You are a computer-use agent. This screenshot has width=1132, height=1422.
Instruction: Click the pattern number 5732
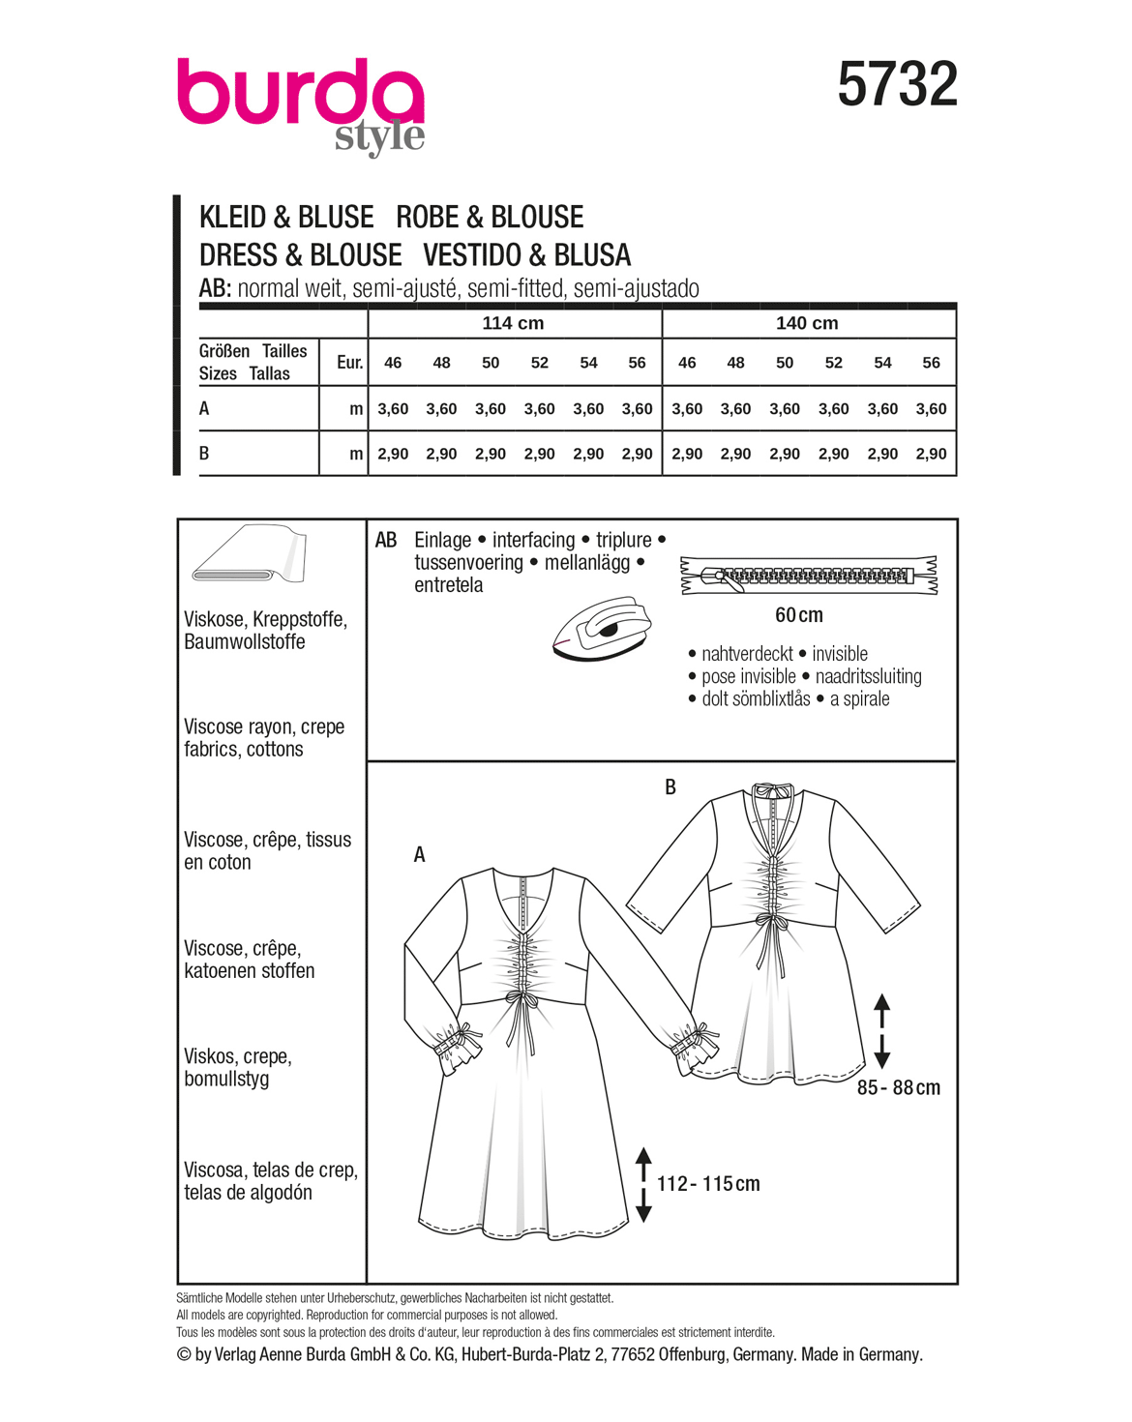(x=897, y=85)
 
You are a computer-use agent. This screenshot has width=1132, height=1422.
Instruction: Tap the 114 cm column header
(x=513, y=323)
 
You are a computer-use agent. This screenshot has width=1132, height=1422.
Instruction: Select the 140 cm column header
(x=807, y=323)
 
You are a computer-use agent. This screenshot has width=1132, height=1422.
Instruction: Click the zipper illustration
(x=809, y=576)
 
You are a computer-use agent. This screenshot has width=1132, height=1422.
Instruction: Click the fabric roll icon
(x=250, y=555)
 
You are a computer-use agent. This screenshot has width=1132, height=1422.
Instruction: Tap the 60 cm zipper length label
(x=798, y=615)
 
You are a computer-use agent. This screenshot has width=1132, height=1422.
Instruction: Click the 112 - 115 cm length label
(x=708, y=1184)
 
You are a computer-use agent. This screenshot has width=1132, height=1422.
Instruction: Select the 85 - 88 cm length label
(x=898, y=1088)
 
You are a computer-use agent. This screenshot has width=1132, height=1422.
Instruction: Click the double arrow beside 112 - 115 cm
(x=643, y=1184)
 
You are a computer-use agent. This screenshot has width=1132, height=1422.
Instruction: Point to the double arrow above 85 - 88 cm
(x=881, y=1030)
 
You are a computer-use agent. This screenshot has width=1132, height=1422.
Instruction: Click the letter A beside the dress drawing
(x=419, y=855)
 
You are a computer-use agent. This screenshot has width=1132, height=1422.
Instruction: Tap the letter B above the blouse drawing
(x=670, y=787)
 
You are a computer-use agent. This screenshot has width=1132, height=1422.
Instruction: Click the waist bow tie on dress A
(x=523, y=1006)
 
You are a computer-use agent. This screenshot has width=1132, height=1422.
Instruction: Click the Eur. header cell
(x=349, y=363)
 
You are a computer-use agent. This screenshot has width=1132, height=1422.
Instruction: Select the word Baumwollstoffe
(x=245, y=642)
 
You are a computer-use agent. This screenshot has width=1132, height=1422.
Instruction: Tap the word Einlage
(x=442, y=540)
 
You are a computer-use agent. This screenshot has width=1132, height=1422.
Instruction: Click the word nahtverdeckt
(x=747, y=654)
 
